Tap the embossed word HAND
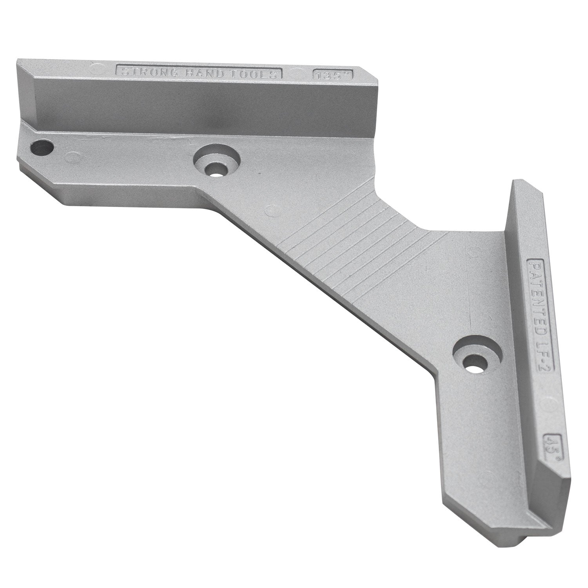tap(192, 73)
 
